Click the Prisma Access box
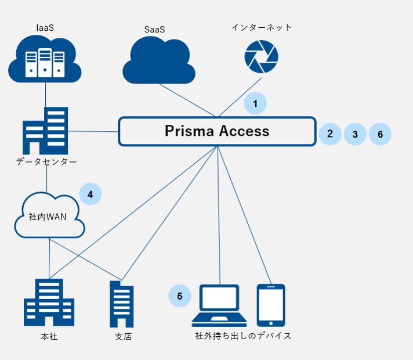[x=217, y=131]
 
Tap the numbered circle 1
[x=255, y=103]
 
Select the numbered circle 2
[x=330, y=134]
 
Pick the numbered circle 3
[x=355, y=134]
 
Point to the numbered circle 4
[x=90, y=194]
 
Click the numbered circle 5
[x=180, y=296]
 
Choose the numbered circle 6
[x=380, y=134]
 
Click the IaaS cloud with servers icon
[x=45, y=59]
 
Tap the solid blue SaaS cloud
[x=159, y=60]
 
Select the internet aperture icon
[x=261, y=57]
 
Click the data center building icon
[x=45, y=131]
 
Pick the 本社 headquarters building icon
[x=49, y=303]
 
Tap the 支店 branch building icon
[x=122, y=304]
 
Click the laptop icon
[x=219, y=305]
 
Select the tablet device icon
[x=271, y=305]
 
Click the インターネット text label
[x=262, y=27]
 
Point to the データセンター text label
[x=46, y=161]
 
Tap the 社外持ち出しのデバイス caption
[x=243, y=336]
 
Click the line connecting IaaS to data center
[x=46, y=95]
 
